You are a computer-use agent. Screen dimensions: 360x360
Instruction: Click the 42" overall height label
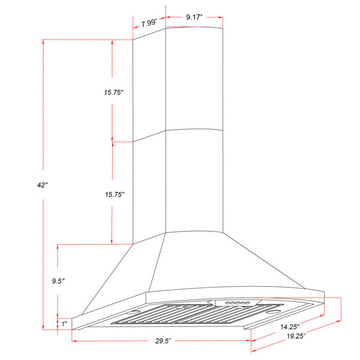(x=42, y=185)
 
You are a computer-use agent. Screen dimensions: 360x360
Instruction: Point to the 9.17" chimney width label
(x=194, y=17)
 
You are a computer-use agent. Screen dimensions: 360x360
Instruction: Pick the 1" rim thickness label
(x=65, y=323)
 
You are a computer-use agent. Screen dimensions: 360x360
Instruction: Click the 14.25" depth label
(x=289, y=327)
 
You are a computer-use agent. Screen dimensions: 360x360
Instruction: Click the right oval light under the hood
(x=272, y=313)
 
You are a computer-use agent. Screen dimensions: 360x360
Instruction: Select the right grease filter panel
(x=227, y=316)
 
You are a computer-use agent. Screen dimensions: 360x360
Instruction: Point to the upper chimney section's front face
(x=195, y=78)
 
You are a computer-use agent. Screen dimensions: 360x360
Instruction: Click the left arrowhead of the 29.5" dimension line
(x=74, y=341)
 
